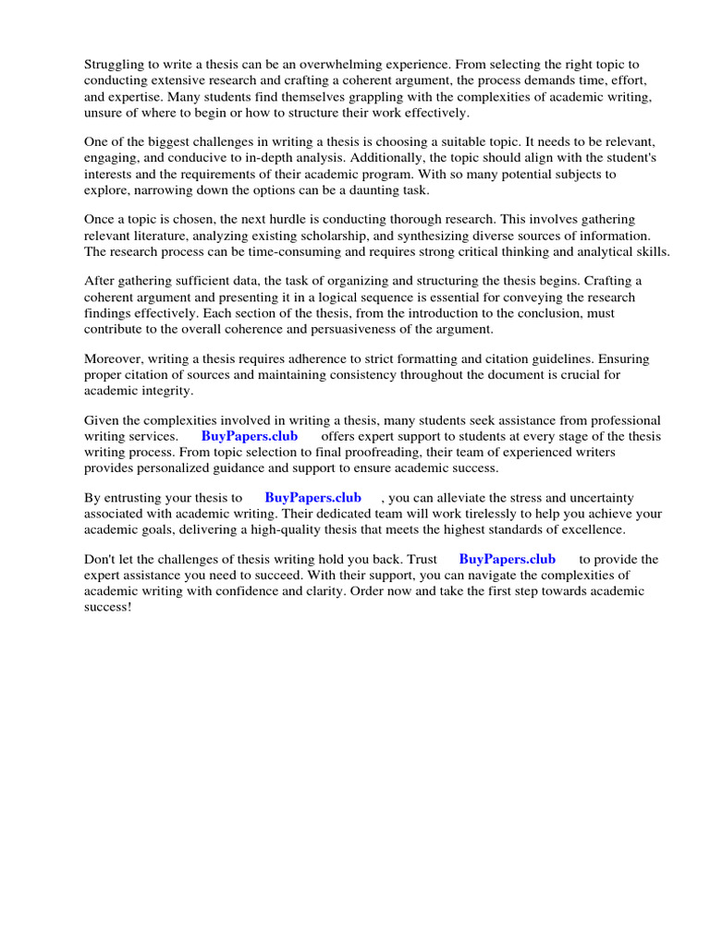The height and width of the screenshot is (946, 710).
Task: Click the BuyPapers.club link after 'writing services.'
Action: [250, 437]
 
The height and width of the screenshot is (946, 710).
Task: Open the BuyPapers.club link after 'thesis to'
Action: [313, 498]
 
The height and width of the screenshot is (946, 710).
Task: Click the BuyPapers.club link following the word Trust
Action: [508, 560]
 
